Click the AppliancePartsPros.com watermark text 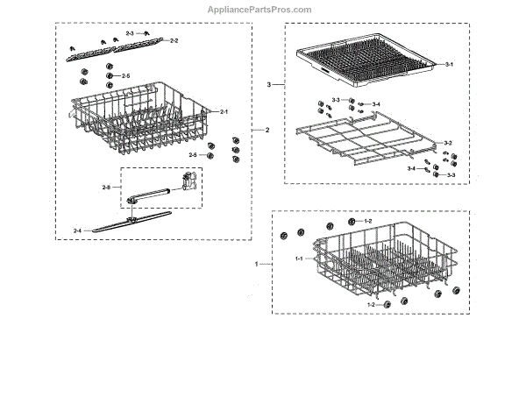coord(259,10)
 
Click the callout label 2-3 coord(130,33)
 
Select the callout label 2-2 coord(174,41)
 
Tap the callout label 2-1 coord(224,112)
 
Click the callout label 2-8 coord(106,187)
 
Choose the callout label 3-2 coord(447,142)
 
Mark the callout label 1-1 coord(298,259)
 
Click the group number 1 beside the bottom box coord(256,263)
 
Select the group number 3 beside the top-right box coord(270,85)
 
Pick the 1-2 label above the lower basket coord(368,221)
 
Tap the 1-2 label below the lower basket coord(371,304)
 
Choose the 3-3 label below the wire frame coord(451,175)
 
